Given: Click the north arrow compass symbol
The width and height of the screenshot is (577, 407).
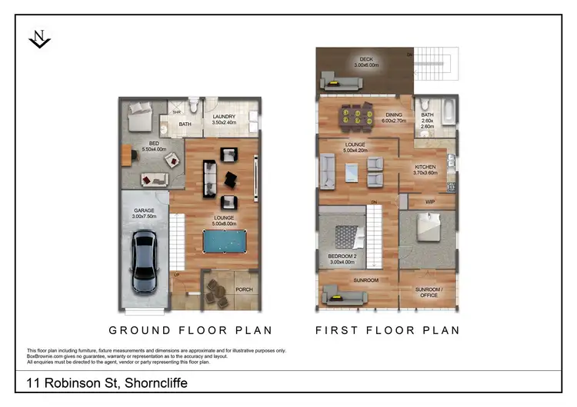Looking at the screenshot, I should click(39, 38).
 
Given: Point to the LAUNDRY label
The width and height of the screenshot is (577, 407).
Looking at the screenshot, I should click(224, 119).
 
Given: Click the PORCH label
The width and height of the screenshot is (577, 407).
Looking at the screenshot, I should click(244, 290).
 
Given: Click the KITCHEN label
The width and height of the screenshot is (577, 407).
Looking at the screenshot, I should click(425, 170).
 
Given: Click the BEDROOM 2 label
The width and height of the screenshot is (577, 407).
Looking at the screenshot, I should click(342, 258).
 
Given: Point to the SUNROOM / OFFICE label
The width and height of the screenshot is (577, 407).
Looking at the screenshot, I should click(427, 293).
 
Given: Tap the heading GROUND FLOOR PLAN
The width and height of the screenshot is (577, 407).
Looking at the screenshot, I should click(191, 331).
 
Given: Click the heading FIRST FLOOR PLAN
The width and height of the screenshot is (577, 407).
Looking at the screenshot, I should click(388, 331).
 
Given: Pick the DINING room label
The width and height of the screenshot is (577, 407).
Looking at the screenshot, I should click(394, 117).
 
